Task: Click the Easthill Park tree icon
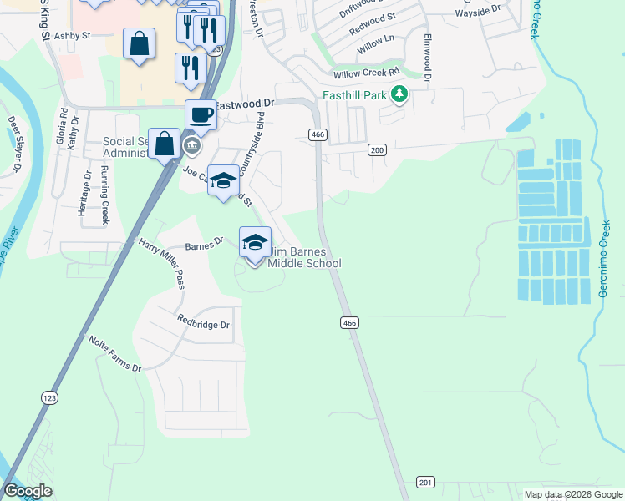click(x=399, y=94)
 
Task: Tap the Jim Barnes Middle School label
click(x=304, y=258)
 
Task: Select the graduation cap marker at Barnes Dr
click(x=255, y=242)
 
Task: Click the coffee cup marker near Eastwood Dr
click(x=201, y=114)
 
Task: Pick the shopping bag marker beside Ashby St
click(x=139, y=43)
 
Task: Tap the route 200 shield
click(x=377, y=149)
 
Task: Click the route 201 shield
click(x=425, y=483)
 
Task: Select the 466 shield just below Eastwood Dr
click(x=317, y=134)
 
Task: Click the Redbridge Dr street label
click(x=203, y=321)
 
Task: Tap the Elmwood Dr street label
click(x=427, y=58)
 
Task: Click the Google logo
click(x=28, y=491)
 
